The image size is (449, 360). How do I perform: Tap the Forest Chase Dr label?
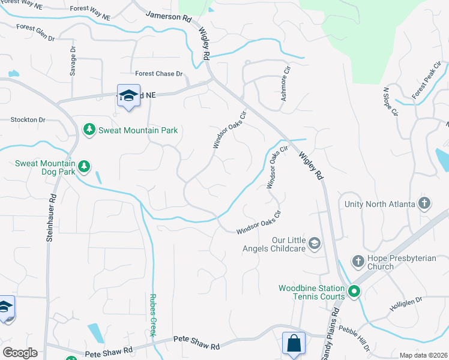point(159,74)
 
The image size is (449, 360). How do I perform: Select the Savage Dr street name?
point(73,61)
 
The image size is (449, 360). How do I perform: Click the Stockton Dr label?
point(28,120)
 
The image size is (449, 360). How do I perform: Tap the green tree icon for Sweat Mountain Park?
point(89,130)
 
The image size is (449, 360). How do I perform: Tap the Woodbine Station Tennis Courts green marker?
point(354,292)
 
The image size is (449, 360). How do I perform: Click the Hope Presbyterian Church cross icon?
point(358,262)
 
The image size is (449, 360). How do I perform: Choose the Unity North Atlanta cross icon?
point(425,204)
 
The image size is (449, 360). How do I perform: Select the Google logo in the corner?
point(19,353)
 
